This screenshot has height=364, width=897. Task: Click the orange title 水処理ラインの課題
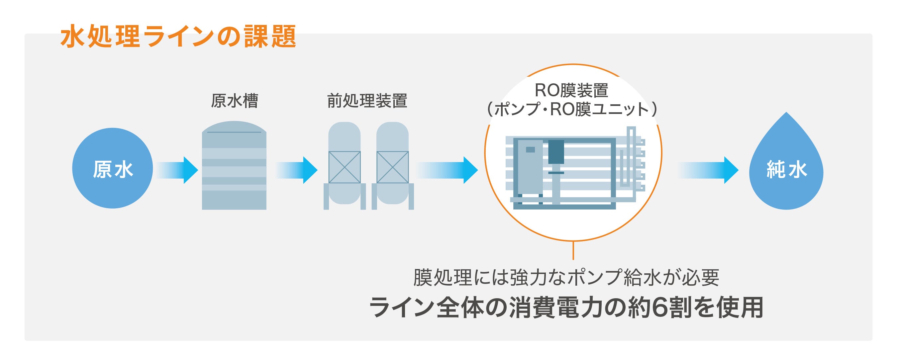[x=178, y=36]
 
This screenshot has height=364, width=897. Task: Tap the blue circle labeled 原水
[x=113, y=168]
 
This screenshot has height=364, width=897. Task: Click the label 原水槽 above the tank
[x=234, y=101]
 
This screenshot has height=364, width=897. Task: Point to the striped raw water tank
[x=234, y=167]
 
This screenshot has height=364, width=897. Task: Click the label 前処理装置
[x=367, y=101]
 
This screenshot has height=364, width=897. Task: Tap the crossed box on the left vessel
[x=345, y=167]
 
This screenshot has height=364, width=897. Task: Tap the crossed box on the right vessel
[x=392, y=167]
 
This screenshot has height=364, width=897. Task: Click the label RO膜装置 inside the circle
[x=571, y=90]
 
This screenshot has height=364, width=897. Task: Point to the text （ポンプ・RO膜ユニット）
[x=571, y=109]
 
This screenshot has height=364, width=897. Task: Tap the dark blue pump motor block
[x=556, y=152]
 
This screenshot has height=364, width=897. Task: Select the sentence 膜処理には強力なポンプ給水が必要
[x=566, y=278]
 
